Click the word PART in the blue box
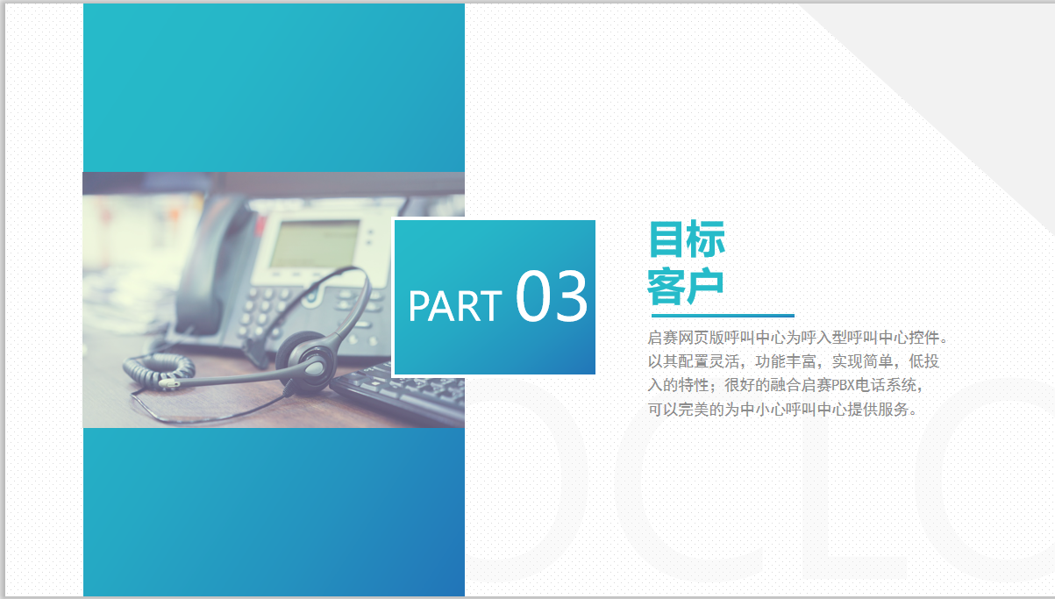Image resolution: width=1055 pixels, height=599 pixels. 455,306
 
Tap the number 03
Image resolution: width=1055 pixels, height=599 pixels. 552,296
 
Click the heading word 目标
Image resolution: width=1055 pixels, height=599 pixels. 687,239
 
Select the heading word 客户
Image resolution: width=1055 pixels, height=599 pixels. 686,286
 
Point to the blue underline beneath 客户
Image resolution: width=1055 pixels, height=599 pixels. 723,316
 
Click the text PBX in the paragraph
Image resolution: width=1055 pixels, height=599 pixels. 843,386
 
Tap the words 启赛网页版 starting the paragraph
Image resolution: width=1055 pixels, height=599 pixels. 685,338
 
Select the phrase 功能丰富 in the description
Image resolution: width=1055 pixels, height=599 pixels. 786,361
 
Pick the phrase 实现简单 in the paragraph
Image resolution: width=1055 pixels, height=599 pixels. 862,361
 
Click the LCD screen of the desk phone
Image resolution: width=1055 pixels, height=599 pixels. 316,244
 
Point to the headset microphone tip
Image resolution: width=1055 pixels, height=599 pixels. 168,384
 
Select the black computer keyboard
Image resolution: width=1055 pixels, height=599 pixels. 399,392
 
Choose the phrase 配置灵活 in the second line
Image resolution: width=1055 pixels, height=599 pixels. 709,361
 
